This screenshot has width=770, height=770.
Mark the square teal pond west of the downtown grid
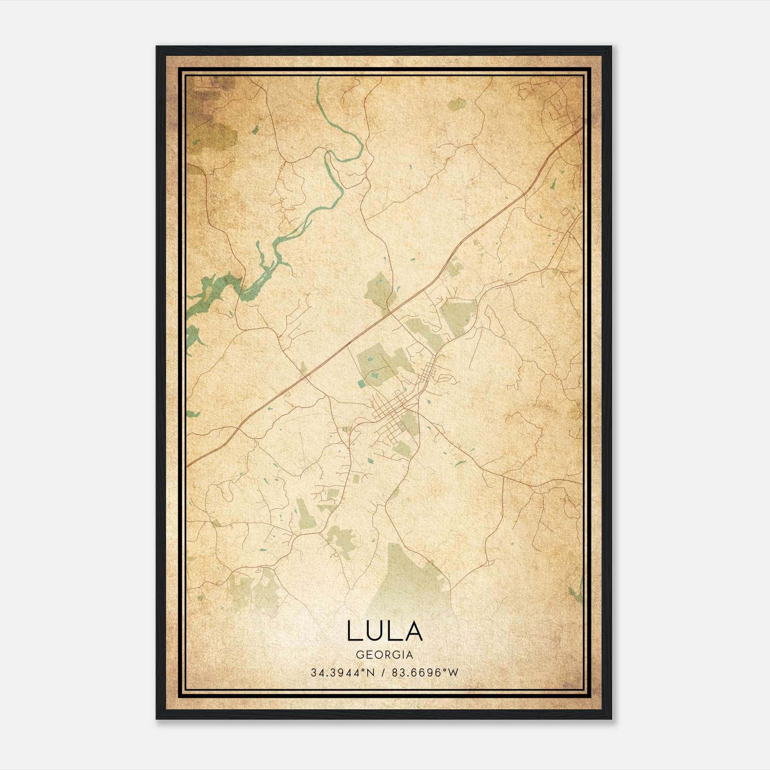pos(361,384)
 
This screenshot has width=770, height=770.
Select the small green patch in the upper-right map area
pos(456,104)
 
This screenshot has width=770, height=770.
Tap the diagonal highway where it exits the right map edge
pos(581,128)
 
